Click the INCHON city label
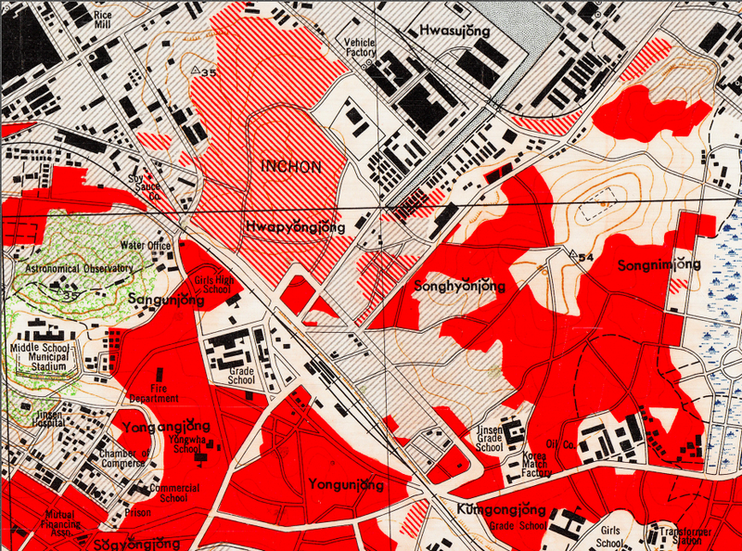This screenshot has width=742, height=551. (x=292, y=168)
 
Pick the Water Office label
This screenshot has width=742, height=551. (x=147, y=246)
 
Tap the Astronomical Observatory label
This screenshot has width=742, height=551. (x=80, y=268)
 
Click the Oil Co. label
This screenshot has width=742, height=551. (x=562, y=444)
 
